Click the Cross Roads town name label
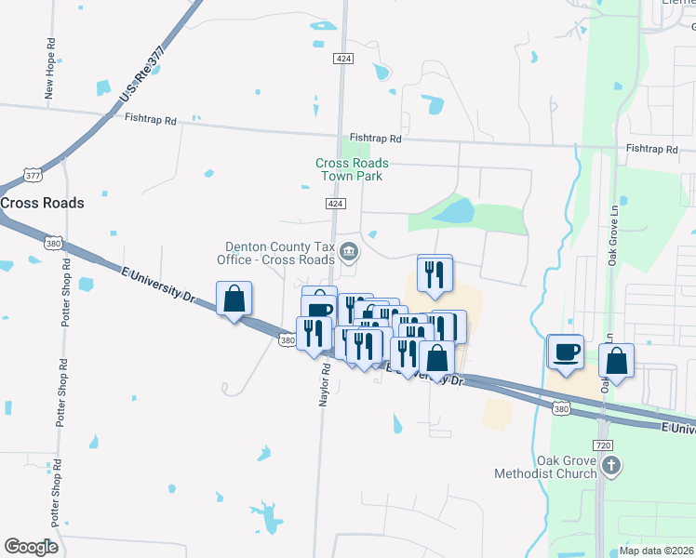pyautogui.click(x=42, y=203)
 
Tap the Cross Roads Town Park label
pyautogui.click(x=352, y=168)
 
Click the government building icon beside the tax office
pyautogui.click(x=349, y=250)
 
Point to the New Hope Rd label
pyautogui.click(x=50, y=69)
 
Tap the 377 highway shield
pyautogui.click(x=33, y=175)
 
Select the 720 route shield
pyautogui.click(x=604, y=445)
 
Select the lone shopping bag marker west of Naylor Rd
pyautogui.click(x=234, y=299)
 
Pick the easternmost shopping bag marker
pyautogui.click(x=616, y=360)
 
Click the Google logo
pyautogui.click(x=31, y=546)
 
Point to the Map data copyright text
pyautogui.click(x=656, y=550)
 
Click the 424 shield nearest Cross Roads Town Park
pyautogui.click(x=337, y=204)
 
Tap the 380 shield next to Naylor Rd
pyautogui.click(x=288, y=341)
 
